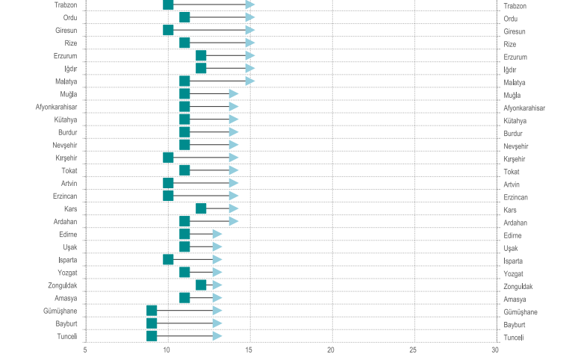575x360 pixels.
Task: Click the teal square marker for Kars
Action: pos(201,208)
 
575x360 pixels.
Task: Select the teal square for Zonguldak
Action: pos(201,285)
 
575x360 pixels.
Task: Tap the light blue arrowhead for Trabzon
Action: pos(250,4)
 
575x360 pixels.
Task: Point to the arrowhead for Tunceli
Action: pos(217,336)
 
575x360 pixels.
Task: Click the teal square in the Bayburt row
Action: pos(152,323)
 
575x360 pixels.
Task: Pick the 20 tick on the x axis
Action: pos(332,350)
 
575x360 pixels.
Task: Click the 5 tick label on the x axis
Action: pos(85,350)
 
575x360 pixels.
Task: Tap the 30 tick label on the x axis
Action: pos(495,350)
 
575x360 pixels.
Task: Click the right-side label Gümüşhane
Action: pos(524,311)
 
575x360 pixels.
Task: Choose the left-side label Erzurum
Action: pos(66,56)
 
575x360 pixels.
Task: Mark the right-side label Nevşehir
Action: pos(520,146)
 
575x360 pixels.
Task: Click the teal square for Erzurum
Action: pos(201,55)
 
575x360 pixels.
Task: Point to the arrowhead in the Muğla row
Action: pos(234,93)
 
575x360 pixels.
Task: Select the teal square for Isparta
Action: pos(168,259)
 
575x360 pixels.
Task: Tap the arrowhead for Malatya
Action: pos(250,81)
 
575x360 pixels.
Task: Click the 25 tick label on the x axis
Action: pos(414,350)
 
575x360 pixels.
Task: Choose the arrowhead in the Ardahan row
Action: pos(234,221)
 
